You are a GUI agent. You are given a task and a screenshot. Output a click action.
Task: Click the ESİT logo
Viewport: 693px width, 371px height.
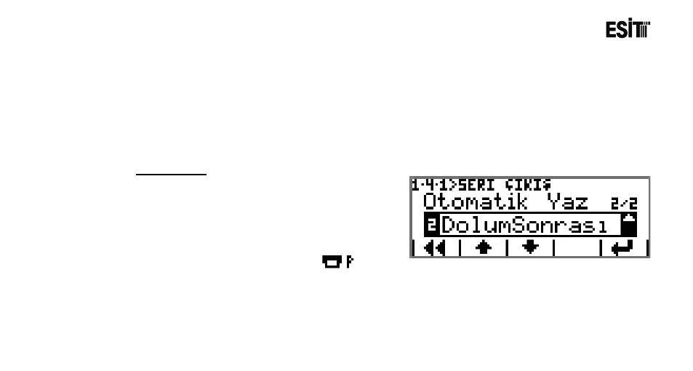(x=627, y=31)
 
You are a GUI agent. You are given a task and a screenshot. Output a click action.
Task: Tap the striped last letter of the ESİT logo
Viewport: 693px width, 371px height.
(x=642, y=31)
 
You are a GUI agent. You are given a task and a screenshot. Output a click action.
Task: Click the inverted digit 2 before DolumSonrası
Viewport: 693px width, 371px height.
(x=431, y=225)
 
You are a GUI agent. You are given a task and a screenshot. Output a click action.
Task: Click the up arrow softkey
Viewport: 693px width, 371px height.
(x=483, y=247)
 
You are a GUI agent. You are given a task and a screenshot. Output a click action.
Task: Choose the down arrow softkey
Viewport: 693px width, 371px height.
(x=530, y=247)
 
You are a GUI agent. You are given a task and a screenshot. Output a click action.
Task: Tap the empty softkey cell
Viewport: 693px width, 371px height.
(x=577, y=247)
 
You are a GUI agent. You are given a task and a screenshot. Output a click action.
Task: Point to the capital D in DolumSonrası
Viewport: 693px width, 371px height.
(x=449, y=225)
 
